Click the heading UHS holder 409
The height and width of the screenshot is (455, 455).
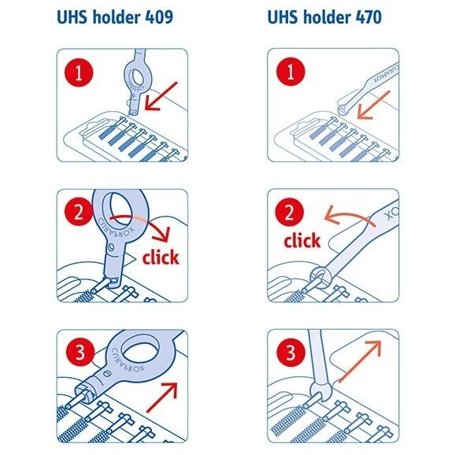[x=115, y=17]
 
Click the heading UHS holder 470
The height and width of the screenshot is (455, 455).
[x=324, y=17]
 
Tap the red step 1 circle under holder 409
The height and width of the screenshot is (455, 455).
[x=79, y=72]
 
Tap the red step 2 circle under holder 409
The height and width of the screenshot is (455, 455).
[x=79, y=212]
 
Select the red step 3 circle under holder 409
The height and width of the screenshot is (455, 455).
[x=80, y=353]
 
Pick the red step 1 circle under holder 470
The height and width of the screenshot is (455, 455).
[x=290, y=72]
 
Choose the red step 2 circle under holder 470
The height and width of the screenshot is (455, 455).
[x=290, y=212]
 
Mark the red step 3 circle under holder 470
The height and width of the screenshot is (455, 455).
[x=290, y=353]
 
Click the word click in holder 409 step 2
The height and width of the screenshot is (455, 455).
[x=161, y=257]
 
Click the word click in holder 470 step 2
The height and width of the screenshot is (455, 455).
[x=302, y=240]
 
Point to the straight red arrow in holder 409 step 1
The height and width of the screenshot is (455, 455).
[x=161, y=96]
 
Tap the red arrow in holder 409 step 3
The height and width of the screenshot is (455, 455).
[x=161, y=397]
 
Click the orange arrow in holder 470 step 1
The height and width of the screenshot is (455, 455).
[x=374, y=105]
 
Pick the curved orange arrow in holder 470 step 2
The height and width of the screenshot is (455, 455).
[x=351, y=216]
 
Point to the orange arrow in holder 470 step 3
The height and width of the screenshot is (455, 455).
[x=359, y=361]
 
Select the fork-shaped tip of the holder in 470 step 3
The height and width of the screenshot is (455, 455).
[x=320, y=391]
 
